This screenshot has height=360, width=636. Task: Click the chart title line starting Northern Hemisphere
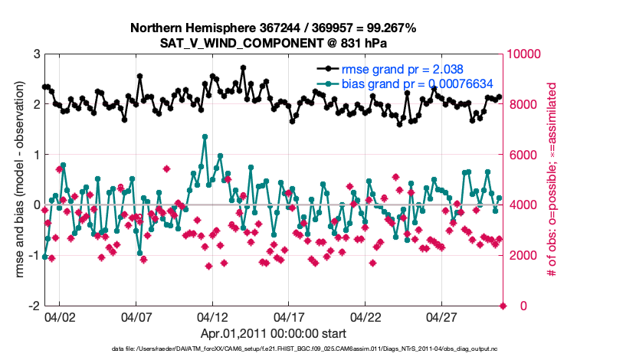click(273, 28)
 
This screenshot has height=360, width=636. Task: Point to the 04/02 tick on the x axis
click(59, 316)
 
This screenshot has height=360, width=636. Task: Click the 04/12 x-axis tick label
click(212, 316)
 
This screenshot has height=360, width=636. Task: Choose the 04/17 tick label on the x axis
click(289, 316)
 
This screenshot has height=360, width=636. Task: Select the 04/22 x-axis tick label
click(366, 316)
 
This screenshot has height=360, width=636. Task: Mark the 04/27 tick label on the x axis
click(442, 316)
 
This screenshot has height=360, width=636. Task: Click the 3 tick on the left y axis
click(35, 54)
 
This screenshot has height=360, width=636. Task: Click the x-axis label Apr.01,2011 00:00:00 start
click(273, 333)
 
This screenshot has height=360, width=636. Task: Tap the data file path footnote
click(273, 350)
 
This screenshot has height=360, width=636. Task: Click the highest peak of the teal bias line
click(205, 136)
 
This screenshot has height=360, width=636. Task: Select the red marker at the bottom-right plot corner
click(503, 306)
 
